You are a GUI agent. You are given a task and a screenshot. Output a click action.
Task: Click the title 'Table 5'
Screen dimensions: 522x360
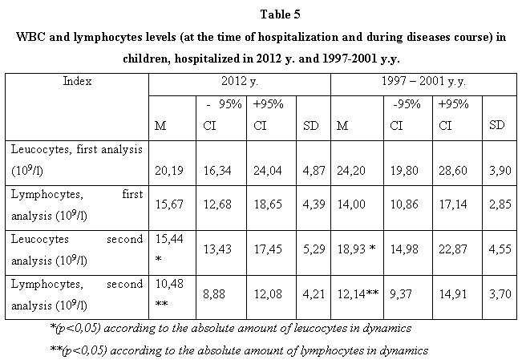(281, 14)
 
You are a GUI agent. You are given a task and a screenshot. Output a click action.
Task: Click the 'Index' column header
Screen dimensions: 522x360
(77, 81)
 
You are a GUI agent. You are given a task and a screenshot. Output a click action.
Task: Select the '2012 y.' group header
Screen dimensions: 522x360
(240, 81)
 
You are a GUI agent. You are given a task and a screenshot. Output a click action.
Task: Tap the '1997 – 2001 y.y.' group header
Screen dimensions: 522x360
(423, 81)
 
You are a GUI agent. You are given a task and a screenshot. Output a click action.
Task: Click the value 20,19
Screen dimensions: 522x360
(169, 171)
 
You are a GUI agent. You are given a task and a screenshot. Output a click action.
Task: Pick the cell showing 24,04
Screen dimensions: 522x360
(268, 171)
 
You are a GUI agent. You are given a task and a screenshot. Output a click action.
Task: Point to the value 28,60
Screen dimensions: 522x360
(453, 171)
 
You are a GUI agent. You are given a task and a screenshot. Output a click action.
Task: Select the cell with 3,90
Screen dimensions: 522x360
(500, 171)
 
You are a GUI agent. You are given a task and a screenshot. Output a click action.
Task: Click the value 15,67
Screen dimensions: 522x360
(169, 204)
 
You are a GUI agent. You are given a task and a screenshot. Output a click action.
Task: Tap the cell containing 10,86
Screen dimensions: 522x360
(404, 204)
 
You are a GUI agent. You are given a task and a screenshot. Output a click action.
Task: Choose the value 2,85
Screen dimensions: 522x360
(500, 204)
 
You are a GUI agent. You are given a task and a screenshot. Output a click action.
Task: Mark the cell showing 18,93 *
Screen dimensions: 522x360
(357, 249)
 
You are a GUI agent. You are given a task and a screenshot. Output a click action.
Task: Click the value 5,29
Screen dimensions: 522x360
(314, 249)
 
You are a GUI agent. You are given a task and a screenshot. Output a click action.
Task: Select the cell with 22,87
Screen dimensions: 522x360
(453, 249)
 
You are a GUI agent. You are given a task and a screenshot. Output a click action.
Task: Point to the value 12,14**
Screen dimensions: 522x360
(358, 293)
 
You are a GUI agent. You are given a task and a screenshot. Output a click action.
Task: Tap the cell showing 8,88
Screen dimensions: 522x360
(214, 293)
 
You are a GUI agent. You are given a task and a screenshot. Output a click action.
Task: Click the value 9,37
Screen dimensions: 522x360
(401, 293)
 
